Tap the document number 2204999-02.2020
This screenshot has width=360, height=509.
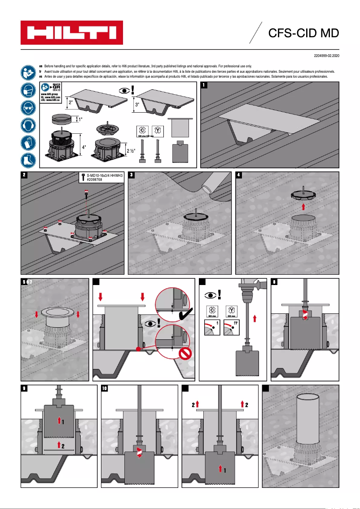(326, 56)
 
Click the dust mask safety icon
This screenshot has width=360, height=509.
(27, 90)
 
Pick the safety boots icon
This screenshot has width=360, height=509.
(27, 160)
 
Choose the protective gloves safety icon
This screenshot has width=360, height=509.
(27, 142)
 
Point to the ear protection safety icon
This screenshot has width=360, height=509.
(27, 125)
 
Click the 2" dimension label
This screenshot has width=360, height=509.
(70, 103)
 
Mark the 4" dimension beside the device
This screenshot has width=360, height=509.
(84, 146)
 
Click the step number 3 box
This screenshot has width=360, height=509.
(132, 175)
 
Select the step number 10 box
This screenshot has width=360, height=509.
(105, 389)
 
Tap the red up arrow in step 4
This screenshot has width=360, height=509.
(303, 206)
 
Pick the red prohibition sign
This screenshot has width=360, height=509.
(185, 354)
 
